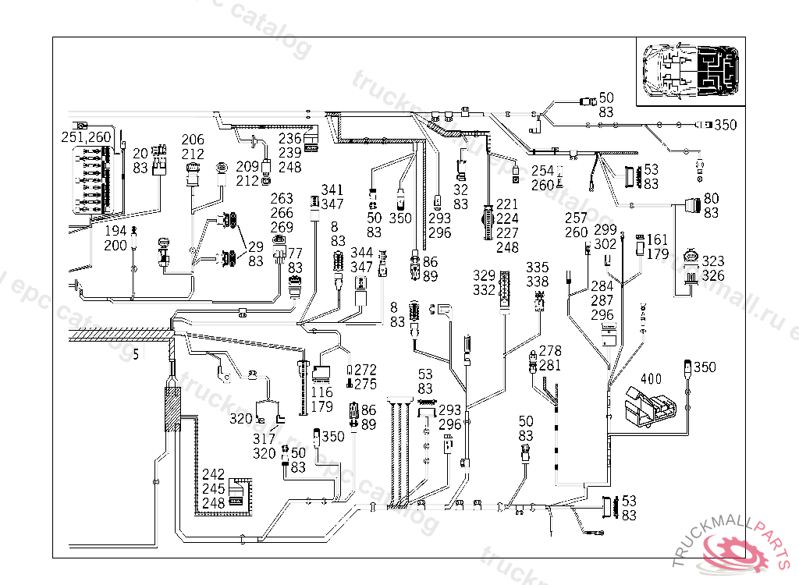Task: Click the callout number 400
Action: [x=651, y=380]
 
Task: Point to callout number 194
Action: [x=115, y=232]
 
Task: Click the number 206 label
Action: [x=193, y=140]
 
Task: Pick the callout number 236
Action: [x=289, y=139]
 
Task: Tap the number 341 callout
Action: [x=332, y=190]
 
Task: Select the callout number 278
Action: [x=550, y=352]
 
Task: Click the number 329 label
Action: [x=484, y=276]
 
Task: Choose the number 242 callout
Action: [x=213, y=474]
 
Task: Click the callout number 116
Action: [x=321, y=392]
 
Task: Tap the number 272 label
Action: [x=365, y=370]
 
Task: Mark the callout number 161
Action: [x=658, y=240]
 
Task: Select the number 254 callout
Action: [x=542, y=171]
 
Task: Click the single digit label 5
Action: [x=136, y=356]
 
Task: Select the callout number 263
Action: [x=282, y=199]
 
